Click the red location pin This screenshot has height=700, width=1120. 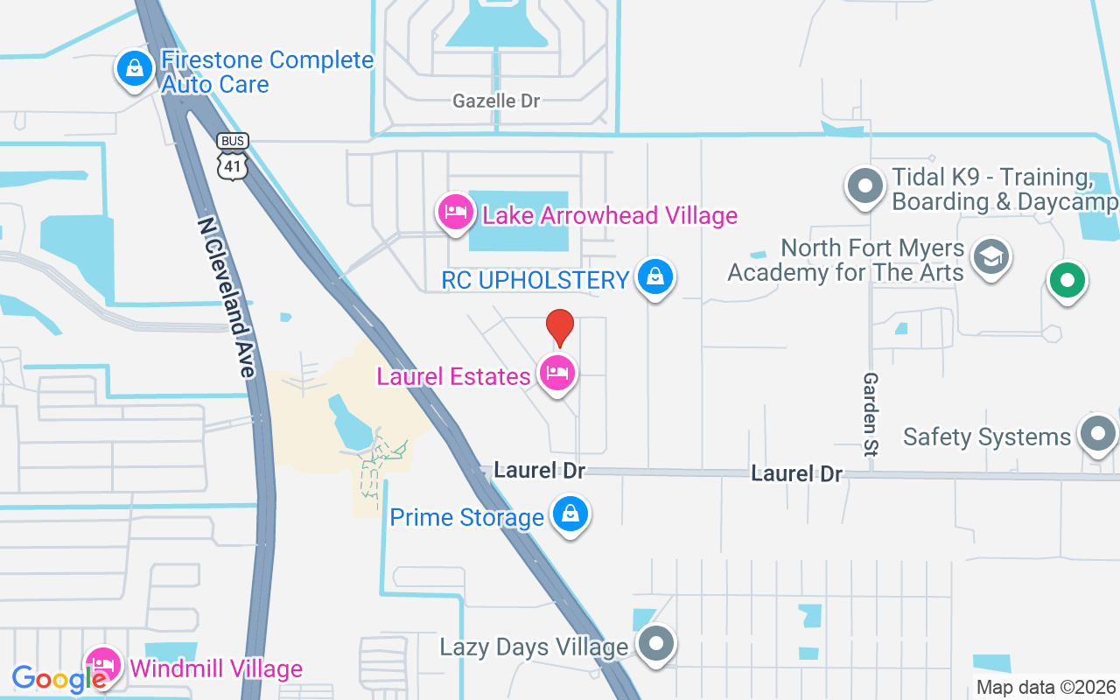(560, 328)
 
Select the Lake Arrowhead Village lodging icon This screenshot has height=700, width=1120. (456, 212)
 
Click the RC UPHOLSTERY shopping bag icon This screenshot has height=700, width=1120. (654, 277)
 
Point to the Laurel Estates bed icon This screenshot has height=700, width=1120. (557, 374)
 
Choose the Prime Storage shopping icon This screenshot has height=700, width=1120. (570, 514)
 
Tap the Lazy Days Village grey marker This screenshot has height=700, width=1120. (656, 645)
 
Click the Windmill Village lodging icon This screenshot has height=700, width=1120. (103, 668)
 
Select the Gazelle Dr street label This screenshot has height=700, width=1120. (496, 101)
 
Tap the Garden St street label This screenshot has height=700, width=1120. (871, 414)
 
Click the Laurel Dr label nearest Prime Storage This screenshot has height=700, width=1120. (539, 470)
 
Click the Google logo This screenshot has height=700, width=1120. (59, 679)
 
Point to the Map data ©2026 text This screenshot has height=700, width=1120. (1046, 687)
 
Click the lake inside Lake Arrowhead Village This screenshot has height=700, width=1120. (518, 222)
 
